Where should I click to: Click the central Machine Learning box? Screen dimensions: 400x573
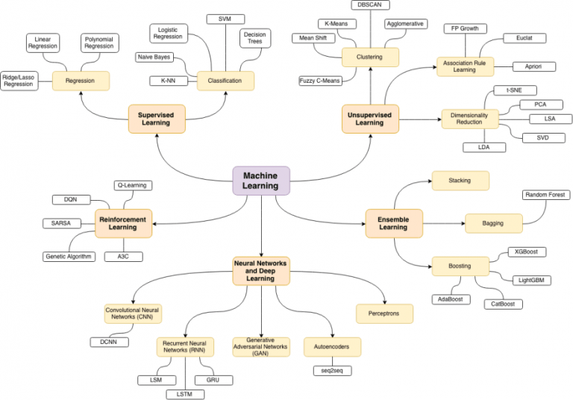click(261, 181)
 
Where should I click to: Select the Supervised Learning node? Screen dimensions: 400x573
click(155, 118)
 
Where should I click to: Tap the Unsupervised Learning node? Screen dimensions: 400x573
click(370, 118)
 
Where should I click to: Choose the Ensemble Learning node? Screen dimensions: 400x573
click(393, 222)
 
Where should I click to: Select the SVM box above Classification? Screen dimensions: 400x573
click(225, 18)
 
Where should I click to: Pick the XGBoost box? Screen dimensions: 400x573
click(526, 253)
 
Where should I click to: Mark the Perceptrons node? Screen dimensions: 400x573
click(384, 313)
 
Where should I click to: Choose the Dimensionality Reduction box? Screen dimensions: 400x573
click(469, 119)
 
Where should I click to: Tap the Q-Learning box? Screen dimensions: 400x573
click(131, 184)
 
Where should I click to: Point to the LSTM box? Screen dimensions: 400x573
click(185, 393)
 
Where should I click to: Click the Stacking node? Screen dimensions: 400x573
click(460, 181)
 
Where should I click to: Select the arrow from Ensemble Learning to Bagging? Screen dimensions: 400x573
click(444, 222)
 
